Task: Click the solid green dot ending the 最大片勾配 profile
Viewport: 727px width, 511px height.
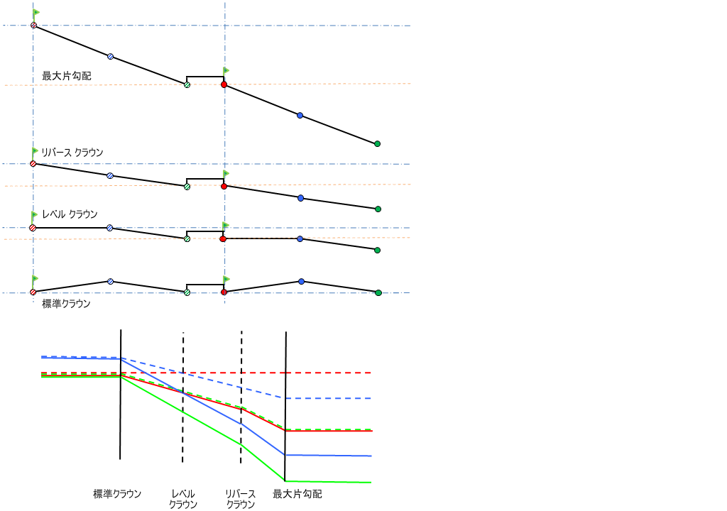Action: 377,143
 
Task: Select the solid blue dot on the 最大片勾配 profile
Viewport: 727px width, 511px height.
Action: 300,115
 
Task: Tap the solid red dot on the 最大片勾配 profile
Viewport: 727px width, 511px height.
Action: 224,84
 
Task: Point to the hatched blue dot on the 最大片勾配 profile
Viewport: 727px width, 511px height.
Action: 110,56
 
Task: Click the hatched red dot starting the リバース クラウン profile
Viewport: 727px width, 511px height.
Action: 33,163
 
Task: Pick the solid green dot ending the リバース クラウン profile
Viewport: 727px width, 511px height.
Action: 378,209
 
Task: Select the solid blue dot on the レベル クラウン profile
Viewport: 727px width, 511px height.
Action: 300,239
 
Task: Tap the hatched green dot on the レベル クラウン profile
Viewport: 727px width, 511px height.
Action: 187,238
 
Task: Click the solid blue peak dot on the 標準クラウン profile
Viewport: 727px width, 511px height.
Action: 301,282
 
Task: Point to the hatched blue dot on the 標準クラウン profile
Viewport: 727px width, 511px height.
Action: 110,282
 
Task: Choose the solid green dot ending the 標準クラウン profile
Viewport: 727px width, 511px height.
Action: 378,292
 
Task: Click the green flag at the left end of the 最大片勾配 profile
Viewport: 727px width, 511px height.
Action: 35,13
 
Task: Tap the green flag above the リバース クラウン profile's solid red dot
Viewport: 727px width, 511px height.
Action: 226,173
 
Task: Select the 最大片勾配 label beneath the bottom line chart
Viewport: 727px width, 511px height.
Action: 297,493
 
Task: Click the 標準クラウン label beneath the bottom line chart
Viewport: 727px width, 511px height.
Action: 117,493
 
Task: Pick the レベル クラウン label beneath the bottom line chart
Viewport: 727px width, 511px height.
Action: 183,499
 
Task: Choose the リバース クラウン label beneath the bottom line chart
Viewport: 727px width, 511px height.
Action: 241,499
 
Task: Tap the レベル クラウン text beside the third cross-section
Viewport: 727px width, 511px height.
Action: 70,214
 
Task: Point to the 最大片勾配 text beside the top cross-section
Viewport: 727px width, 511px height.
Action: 67,75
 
